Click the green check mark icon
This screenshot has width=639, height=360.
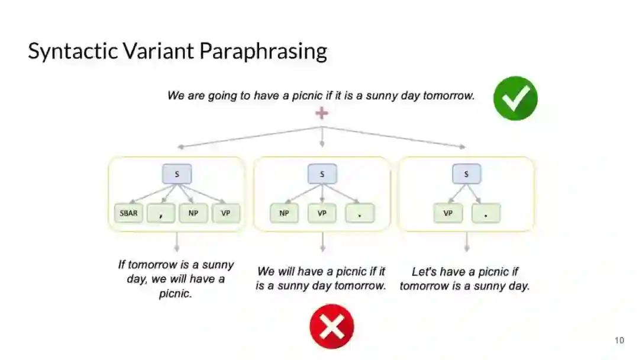coord(515,98)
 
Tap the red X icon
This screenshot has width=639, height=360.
coord(331,326)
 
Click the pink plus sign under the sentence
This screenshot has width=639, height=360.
coord(321,112)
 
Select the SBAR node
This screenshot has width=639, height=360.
coord(129,213)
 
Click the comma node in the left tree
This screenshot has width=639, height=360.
coord(161,213)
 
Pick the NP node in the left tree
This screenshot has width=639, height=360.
coord(193,213)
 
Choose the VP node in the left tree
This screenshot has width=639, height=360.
coord(225,213)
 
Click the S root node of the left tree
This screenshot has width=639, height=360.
coord(177,174)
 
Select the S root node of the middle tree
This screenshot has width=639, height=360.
coord(322,174)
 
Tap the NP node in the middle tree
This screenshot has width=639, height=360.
coord(284,213)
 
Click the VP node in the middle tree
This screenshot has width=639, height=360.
coord(322,213)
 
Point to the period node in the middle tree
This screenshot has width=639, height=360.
coord(360,213)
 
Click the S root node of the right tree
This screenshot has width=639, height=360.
coord(467,174)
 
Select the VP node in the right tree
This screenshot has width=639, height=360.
coord(448,213)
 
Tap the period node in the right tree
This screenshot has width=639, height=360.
coord(486,213)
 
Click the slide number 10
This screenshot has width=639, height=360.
coord(619,340)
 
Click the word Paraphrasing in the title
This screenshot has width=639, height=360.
coord(263,52)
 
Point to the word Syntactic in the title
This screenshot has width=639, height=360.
coord(73,52)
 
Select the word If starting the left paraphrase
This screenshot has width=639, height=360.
coord(122,265)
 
